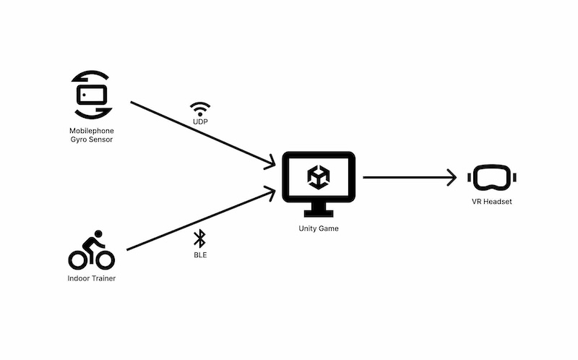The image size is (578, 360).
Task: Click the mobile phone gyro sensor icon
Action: (x=91, y=95)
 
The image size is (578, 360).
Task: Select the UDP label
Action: (x=200, y=123)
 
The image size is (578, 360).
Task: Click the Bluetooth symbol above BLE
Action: (x=200, y=239)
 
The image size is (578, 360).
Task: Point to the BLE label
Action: (x=200, y=255)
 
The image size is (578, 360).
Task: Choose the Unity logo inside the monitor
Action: (x=318, y=177)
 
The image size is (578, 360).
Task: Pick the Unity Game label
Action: (x=318, y=228)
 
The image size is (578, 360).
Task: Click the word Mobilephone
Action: (x=91, y=131)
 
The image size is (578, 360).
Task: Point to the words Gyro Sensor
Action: (x=91, y=140)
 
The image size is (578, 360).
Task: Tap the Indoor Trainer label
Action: (x=91, y=278)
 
